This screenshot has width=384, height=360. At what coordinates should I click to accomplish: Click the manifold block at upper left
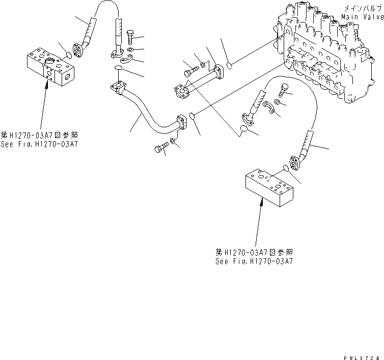49,65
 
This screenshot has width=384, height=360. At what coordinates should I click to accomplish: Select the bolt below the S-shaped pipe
159,149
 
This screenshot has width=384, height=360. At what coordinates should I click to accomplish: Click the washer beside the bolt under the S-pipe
175,140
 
